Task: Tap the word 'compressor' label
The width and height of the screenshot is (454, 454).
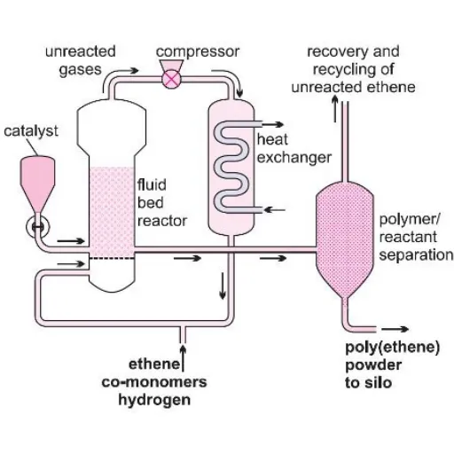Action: click(x=198, y=51)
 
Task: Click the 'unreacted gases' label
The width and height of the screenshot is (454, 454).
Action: click(x=74, y=60)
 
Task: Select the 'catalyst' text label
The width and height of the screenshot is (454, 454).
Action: click(x=31, y=131)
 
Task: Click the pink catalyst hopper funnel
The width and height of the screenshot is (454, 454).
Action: click(x=37, y=178)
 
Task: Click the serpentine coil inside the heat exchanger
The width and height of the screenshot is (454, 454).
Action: click(x=231, y=168)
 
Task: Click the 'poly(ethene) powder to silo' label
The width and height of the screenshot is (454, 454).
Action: click(x=389, y=364)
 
